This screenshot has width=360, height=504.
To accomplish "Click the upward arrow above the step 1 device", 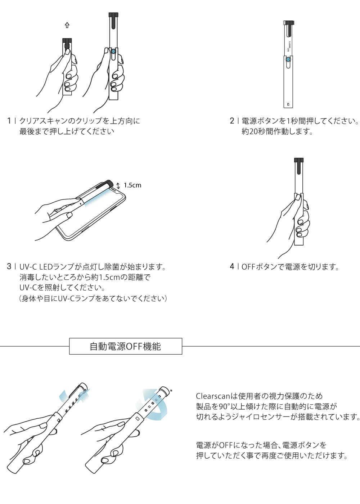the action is click(x=67, y=25).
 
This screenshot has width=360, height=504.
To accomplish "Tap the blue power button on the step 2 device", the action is click(x=288, y=60).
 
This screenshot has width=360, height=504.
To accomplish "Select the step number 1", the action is click(x=9, y=121).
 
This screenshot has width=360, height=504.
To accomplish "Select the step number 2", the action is click(x=232, y=121).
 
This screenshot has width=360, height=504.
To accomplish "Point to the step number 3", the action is click(x=9, y=267).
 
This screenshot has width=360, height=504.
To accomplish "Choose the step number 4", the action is click(x=232, y=267).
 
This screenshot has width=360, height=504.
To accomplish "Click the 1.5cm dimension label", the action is click(x=132, y=185).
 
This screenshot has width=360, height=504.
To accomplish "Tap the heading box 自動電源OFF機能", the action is click(x=126, y=346).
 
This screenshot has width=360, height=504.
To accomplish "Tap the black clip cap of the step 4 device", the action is click(x=299, y=166).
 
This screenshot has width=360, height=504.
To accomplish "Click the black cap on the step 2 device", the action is click(x=289, y=23).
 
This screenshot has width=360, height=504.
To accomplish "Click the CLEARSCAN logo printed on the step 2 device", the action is click(x=289, y=46).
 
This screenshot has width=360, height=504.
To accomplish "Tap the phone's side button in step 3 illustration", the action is click(x=85, y=231).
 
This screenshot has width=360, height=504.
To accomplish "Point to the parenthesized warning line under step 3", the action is click(x=93, y=299).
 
